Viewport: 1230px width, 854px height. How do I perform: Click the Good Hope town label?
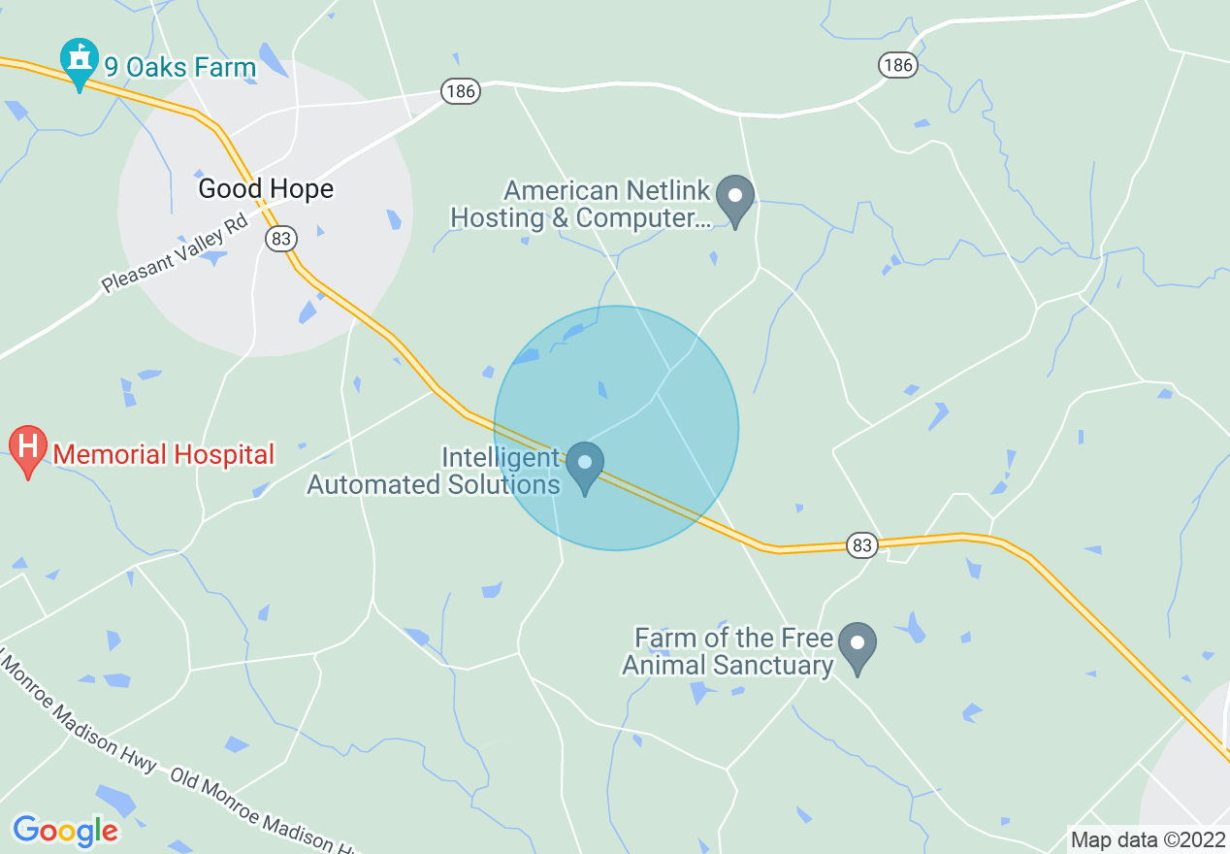(266, 188)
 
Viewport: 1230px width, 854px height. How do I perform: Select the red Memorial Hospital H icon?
(28, 448)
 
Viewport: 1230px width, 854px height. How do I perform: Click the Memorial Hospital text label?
(164, 453)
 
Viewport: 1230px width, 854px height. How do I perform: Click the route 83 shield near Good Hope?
(281, 239)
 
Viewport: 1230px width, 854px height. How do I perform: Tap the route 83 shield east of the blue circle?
(862, 544)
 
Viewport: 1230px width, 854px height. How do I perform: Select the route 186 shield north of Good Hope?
(461, 92)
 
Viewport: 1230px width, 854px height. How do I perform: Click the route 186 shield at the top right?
(898, 65)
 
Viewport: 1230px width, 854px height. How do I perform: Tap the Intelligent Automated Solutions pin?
(585, 464)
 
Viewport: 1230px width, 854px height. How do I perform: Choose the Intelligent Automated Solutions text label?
(434, 471)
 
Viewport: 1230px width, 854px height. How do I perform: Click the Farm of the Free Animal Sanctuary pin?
(858, 645)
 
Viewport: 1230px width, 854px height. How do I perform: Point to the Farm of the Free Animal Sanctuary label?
(728, 651)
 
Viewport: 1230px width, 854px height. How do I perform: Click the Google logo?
(65, 831)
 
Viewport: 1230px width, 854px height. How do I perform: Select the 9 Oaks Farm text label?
(180, 68)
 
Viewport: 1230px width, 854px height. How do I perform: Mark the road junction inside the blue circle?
(657, 393)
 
